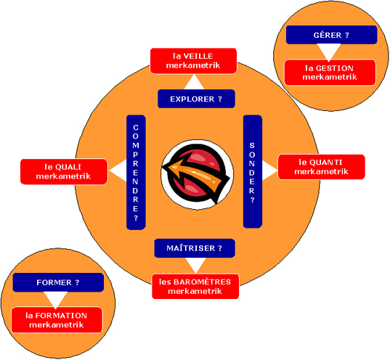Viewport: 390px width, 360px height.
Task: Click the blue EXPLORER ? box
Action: click(196, 99)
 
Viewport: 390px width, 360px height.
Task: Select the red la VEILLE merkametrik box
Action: click(193, 61)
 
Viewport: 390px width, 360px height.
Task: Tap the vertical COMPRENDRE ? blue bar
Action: click(136, 172)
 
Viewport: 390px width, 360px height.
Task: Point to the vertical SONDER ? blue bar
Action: click(253, 171)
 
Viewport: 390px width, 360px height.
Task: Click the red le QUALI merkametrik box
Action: click(64, 171)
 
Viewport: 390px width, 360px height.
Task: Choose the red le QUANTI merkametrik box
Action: click(321, 167)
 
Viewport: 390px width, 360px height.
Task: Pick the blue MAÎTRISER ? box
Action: click(195, 248)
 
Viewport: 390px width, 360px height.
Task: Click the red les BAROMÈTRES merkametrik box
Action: click(195, 286)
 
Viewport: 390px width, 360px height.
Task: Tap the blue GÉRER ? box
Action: click(331, 35)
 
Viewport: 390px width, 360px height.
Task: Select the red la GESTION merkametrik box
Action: click(330, 73)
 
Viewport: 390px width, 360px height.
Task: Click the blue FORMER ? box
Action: click(58, 282)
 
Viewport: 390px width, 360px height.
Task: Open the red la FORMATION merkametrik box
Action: click(57, 320)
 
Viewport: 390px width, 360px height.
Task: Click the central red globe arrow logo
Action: click(197, 175)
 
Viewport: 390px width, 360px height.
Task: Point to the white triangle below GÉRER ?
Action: click(328, 51)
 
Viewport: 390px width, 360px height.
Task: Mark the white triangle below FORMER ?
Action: click(55, 298)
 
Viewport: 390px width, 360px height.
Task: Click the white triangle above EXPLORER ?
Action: click(194, 83)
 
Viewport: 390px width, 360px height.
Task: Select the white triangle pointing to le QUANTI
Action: click(269, 171)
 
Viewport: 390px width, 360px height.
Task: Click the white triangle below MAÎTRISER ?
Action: click(196, 264)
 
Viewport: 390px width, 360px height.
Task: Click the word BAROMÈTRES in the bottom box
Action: click(202, 282)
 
